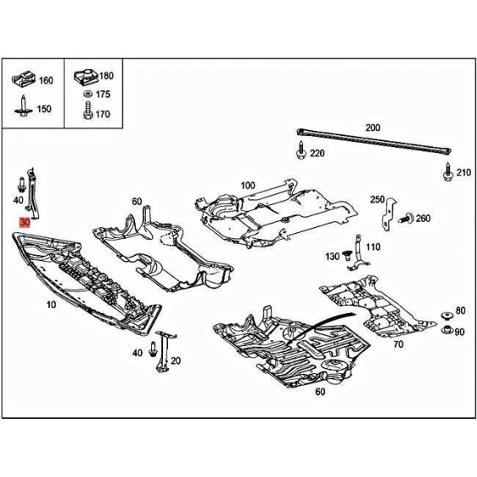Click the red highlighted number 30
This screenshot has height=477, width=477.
point(24,223)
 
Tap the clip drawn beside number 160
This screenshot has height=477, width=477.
point(24,79)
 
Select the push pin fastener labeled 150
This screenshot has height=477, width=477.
point(23,106)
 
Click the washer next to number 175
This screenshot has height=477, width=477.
point(88,94)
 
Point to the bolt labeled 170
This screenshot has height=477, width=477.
point(88,111)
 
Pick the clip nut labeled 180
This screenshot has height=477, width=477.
point(86,77)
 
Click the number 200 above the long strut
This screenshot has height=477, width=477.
point(372,127)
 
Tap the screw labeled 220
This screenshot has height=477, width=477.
point(301,149)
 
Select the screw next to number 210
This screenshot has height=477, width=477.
point(448,172)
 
